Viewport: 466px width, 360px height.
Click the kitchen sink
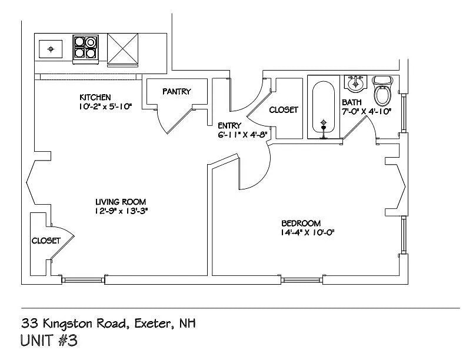point(51,49)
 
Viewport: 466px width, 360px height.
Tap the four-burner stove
point(85,49)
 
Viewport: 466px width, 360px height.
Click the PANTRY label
point(177,92)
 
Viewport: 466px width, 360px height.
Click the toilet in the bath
point(384,91)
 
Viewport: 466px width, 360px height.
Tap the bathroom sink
point(355,82)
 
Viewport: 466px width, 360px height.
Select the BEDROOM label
point(301,223)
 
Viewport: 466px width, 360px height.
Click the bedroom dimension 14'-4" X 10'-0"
point(308,232)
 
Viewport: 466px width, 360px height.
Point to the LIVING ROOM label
point(121,202)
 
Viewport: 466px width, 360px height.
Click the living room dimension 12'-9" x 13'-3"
point(121,211)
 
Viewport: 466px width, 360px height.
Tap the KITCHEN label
point(95,97)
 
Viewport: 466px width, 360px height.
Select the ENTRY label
point(229,125)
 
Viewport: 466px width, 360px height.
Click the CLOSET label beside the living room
point(46,241)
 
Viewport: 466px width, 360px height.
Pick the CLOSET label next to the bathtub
point(284,110)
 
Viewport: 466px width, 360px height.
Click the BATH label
point(352,102)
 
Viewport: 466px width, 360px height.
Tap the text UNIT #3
point(49,341)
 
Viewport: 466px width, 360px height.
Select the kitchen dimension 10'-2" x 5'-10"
point(105,107)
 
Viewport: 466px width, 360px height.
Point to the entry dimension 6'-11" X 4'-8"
point(243,135)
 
